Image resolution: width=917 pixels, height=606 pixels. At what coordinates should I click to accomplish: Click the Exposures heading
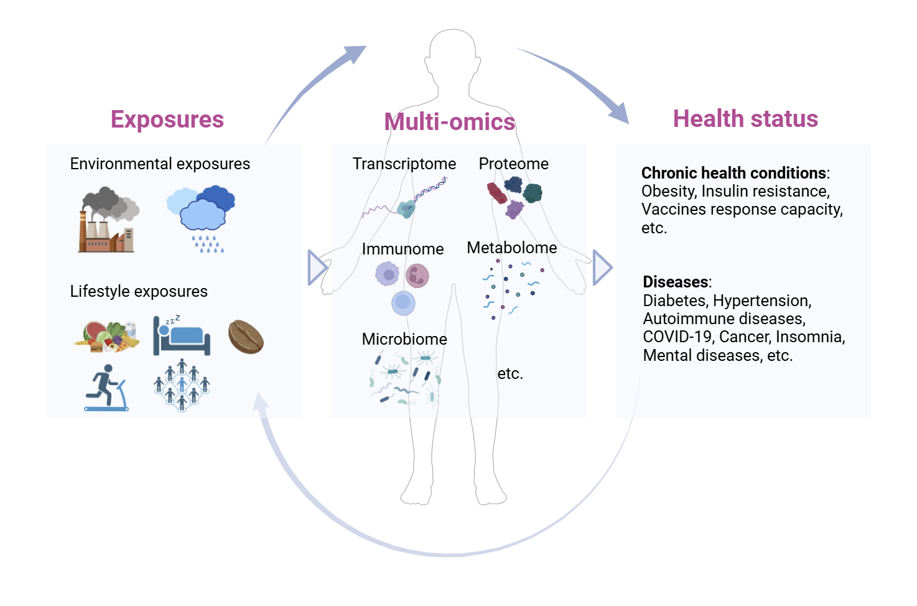coord(167,119)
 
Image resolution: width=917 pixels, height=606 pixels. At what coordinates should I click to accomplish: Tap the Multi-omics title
coord(449,122)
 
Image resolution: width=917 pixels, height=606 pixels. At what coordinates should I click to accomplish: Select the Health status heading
coord(745,119)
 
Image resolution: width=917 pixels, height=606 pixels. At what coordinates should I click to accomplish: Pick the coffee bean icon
coord(246,337)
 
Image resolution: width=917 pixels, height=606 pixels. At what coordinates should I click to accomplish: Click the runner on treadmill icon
coord(106,388)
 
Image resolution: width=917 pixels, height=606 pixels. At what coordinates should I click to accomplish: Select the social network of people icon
coord(182,385)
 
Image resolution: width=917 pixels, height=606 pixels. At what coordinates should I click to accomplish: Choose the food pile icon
coord(107,337)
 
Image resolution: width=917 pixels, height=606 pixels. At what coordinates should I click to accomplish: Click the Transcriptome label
coord(404,164)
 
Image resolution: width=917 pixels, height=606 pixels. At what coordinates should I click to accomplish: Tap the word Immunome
coord(403,249)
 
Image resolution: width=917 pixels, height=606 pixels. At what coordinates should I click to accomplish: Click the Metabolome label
coord(511,248)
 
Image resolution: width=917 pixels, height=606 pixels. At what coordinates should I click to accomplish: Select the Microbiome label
coord(404,339)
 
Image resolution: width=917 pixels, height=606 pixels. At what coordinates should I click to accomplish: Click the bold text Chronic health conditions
coord(733,173)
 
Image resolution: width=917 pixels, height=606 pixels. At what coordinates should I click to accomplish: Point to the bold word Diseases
coord(676,282)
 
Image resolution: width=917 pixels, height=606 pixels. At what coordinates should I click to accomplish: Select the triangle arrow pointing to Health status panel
coord(602,268)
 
